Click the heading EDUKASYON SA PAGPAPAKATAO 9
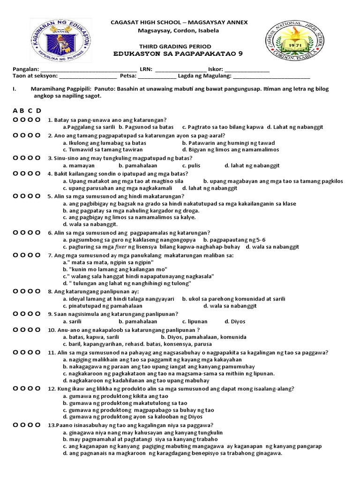180,53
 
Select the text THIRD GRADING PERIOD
180,46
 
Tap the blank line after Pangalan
89,69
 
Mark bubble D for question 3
37,158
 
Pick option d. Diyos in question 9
235,321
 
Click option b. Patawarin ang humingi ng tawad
228,142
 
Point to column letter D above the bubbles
38,111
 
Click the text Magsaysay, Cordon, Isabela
179,30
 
